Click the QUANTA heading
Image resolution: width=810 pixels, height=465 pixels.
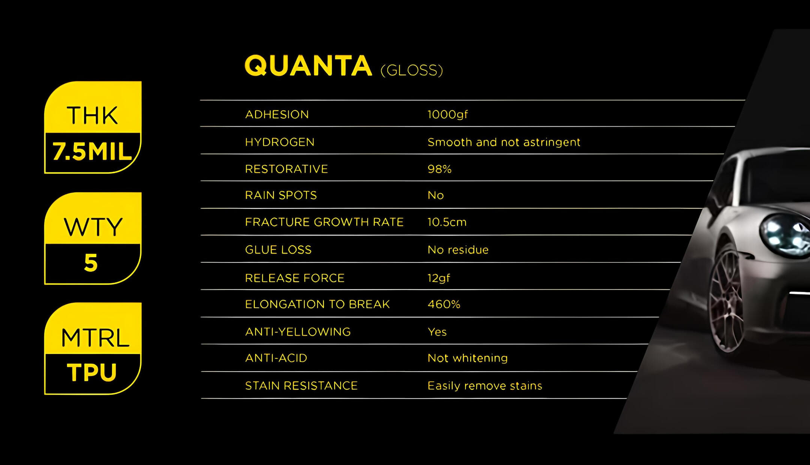[x=308, y=66]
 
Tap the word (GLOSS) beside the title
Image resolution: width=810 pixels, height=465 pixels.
[x=412, y=70]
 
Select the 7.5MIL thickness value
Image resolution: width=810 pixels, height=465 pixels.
[x=92, y=151]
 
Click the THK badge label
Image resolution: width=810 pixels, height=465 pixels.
[x=92, y=115]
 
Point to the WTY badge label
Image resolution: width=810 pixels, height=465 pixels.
[x=93, y=226]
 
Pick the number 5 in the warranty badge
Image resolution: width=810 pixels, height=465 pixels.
[x=91, y=262]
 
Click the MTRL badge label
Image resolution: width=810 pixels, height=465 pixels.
[x=95, y=338]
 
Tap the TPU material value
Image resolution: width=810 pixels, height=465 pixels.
[x=92, y=372]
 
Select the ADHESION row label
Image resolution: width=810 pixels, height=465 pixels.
[x=277, y=114]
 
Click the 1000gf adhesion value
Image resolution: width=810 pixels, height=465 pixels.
[x=448, y=114]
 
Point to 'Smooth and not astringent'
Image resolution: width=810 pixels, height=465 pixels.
[x=504, y=142]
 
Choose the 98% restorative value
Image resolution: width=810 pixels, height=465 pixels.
[x=439, y=169]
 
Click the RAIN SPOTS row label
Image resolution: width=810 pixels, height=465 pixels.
[x=281, y=195]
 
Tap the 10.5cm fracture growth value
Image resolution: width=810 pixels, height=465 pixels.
[x=447, y=222]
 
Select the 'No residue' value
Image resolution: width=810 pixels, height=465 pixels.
[x=458, y=250]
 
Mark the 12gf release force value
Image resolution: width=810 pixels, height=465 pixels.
[x=439, y=278]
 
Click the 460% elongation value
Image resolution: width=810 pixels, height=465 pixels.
[x=444, y=304]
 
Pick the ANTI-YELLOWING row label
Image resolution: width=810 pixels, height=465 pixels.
[x=298, y=332]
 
